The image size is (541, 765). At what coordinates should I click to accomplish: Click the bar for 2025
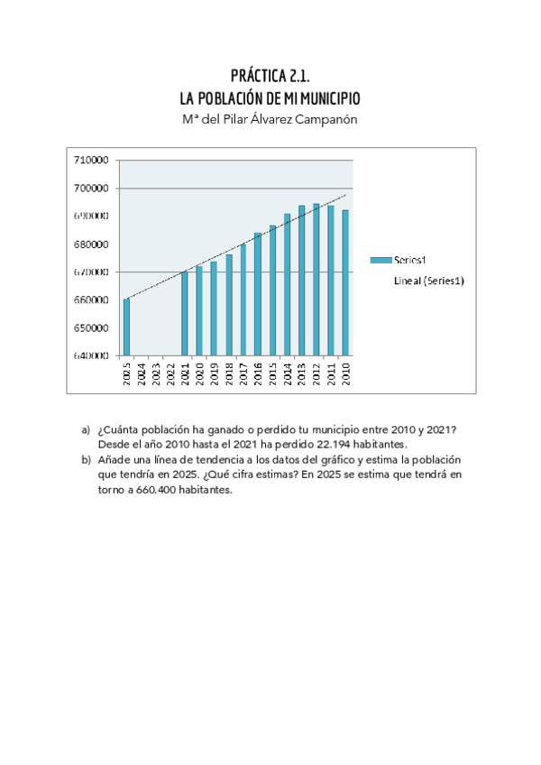[126, 327]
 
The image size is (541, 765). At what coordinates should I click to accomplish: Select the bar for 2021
[185, 313]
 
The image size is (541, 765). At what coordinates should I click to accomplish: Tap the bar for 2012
[316, 280]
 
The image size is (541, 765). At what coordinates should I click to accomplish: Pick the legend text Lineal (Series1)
[429, 281]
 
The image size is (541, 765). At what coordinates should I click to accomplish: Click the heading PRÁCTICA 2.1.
[270, 76]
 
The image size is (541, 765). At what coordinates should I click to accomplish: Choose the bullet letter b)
[87, 459]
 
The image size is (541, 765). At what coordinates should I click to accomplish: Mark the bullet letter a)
[87, 429]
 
